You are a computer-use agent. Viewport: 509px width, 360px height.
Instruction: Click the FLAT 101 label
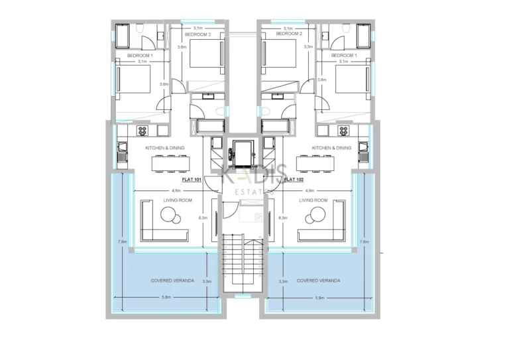point(192,179)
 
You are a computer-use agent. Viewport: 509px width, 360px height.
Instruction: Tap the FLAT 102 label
point(294,179)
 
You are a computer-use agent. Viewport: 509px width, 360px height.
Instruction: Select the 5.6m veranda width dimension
point(172,298)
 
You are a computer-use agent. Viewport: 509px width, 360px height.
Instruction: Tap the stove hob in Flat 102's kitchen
point(343,131)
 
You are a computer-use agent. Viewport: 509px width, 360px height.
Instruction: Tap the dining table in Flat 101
point(167,162)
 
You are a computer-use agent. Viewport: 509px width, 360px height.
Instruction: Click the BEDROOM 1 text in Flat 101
point(140,55)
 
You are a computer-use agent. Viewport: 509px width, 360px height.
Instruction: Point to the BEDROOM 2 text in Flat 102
point(288,33)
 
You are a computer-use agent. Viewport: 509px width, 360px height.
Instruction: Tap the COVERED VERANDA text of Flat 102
point(319,280)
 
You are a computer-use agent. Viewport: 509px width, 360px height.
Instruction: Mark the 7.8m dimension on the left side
point(123,242)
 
